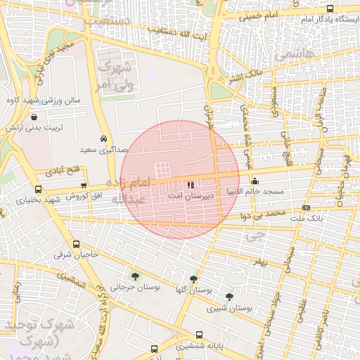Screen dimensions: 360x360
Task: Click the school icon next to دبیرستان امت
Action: pos(191,185)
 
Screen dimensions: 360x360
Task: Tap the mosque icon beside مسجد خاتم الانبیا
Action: pos(255,181)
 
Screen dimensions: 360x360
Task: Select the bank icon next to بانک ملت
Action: pos(306,207)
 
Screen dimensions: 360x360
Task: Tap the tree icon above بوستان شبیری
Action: pos(230,297)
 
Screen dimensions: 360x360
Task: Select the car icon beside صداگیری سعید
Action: pos(104,139)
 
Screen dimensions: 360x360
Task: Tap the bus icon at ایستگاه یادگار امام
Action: pos(330,8)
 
